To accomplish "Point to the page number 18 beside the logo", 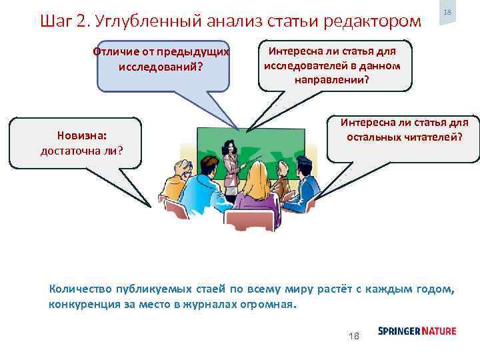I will pos(354,335).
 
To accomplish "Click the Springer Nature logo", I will pos(417,331).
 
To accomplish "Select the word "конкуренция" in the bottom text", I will pos(81,305).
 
